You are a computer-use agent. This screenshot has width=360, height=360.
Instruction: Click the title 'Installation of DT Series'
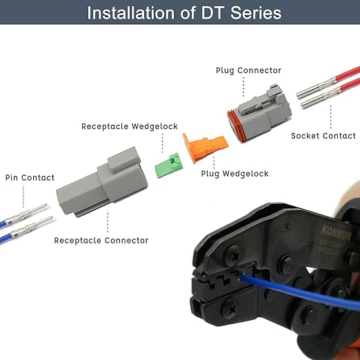click(180, 12)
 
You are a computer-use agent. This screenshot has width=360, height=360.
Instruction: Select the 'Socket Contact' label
click(323, 136)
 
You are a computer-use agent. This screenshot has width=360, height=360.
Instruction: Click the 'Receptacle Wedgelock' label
click(130, 126)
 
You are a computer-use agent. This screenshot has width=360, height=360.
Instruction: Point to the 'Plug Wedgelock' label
click(234, 174)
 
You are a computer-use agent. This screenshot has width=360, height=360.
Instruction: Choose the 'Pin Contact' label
click(30, 177)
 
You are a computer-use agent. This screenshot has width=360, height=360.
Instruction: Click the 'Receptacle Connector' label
click(101, 240)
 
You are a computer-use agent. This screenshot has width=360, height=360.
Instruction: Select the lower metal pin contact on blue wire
click(38, 222)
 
